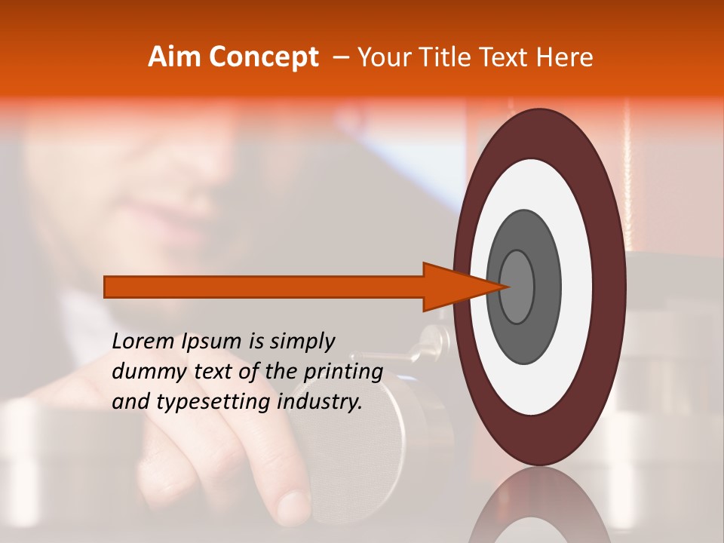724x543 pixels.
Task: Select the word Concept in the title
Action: (x=263, y=57)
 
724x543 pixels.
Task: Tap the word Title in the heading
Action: (x=446, y=57)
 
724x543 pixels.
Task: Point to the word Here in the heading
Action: (x=565, y=57)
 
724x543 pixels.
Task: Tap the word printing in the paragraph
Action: (x=343, y=372)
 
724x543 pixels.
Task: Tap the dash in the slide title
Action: (x=341, y=57)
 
